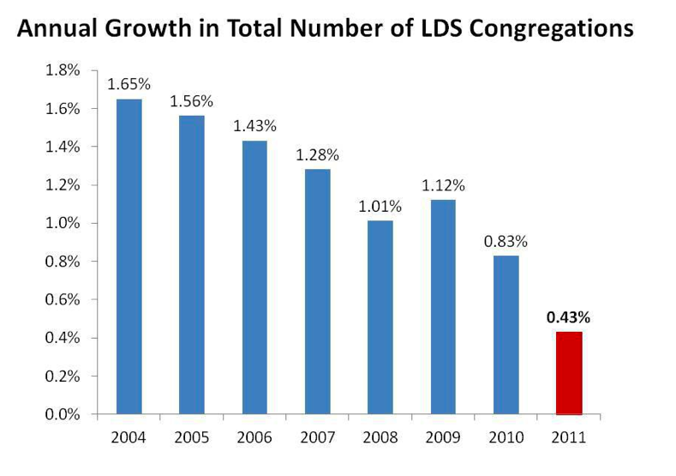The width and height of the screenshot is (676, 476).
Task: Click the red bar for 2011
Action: (x=569, y=373)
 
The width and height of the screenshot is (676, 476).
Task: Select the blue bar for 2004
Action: (x=129, y=256)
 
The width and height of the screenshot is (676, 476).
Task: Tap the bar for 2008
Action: (x=380, y=317)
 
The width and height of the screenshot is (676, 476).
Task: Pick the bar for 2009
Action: (x=443, y=307)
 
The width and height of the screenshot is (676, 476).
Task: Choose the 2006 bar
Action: (x=254, y=277)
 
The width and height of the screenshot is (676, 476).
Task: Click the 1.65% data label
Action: (x=129, y=84)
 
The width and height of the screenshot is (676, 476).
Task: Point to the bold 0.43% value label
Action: (x=569, y=316)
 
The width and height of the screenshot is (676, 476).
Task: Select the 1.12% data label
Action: (x=443, y=184)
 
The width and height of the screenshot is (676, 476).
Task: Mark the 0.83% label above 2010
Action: (x=506, y=241)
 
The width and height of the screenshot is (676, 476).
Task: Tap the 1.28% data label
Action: (x=318, y=155)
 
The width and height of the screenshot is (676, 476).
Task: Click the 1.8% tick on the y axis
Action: (x=63, y=70)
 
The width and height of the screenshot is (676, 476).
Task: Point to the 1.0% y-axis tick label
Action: (x=63, y=223)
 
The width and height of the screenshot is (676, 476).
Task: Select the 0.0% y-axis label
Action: (x=63, y=414)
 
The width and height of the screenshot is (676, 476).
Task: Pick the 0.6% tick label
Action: (x=63, y=299)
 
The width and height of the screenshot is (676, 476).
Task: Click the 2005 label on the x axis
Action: (x=192, y=438)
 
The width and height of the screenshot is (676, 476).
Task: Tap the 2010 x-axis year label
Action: (x=506, y=438)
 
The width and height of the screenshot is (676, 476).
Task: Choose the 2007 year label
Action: (x=318, y=438)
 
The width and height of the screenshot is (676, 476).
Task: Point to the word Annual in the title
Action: (x=52, y=29)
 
